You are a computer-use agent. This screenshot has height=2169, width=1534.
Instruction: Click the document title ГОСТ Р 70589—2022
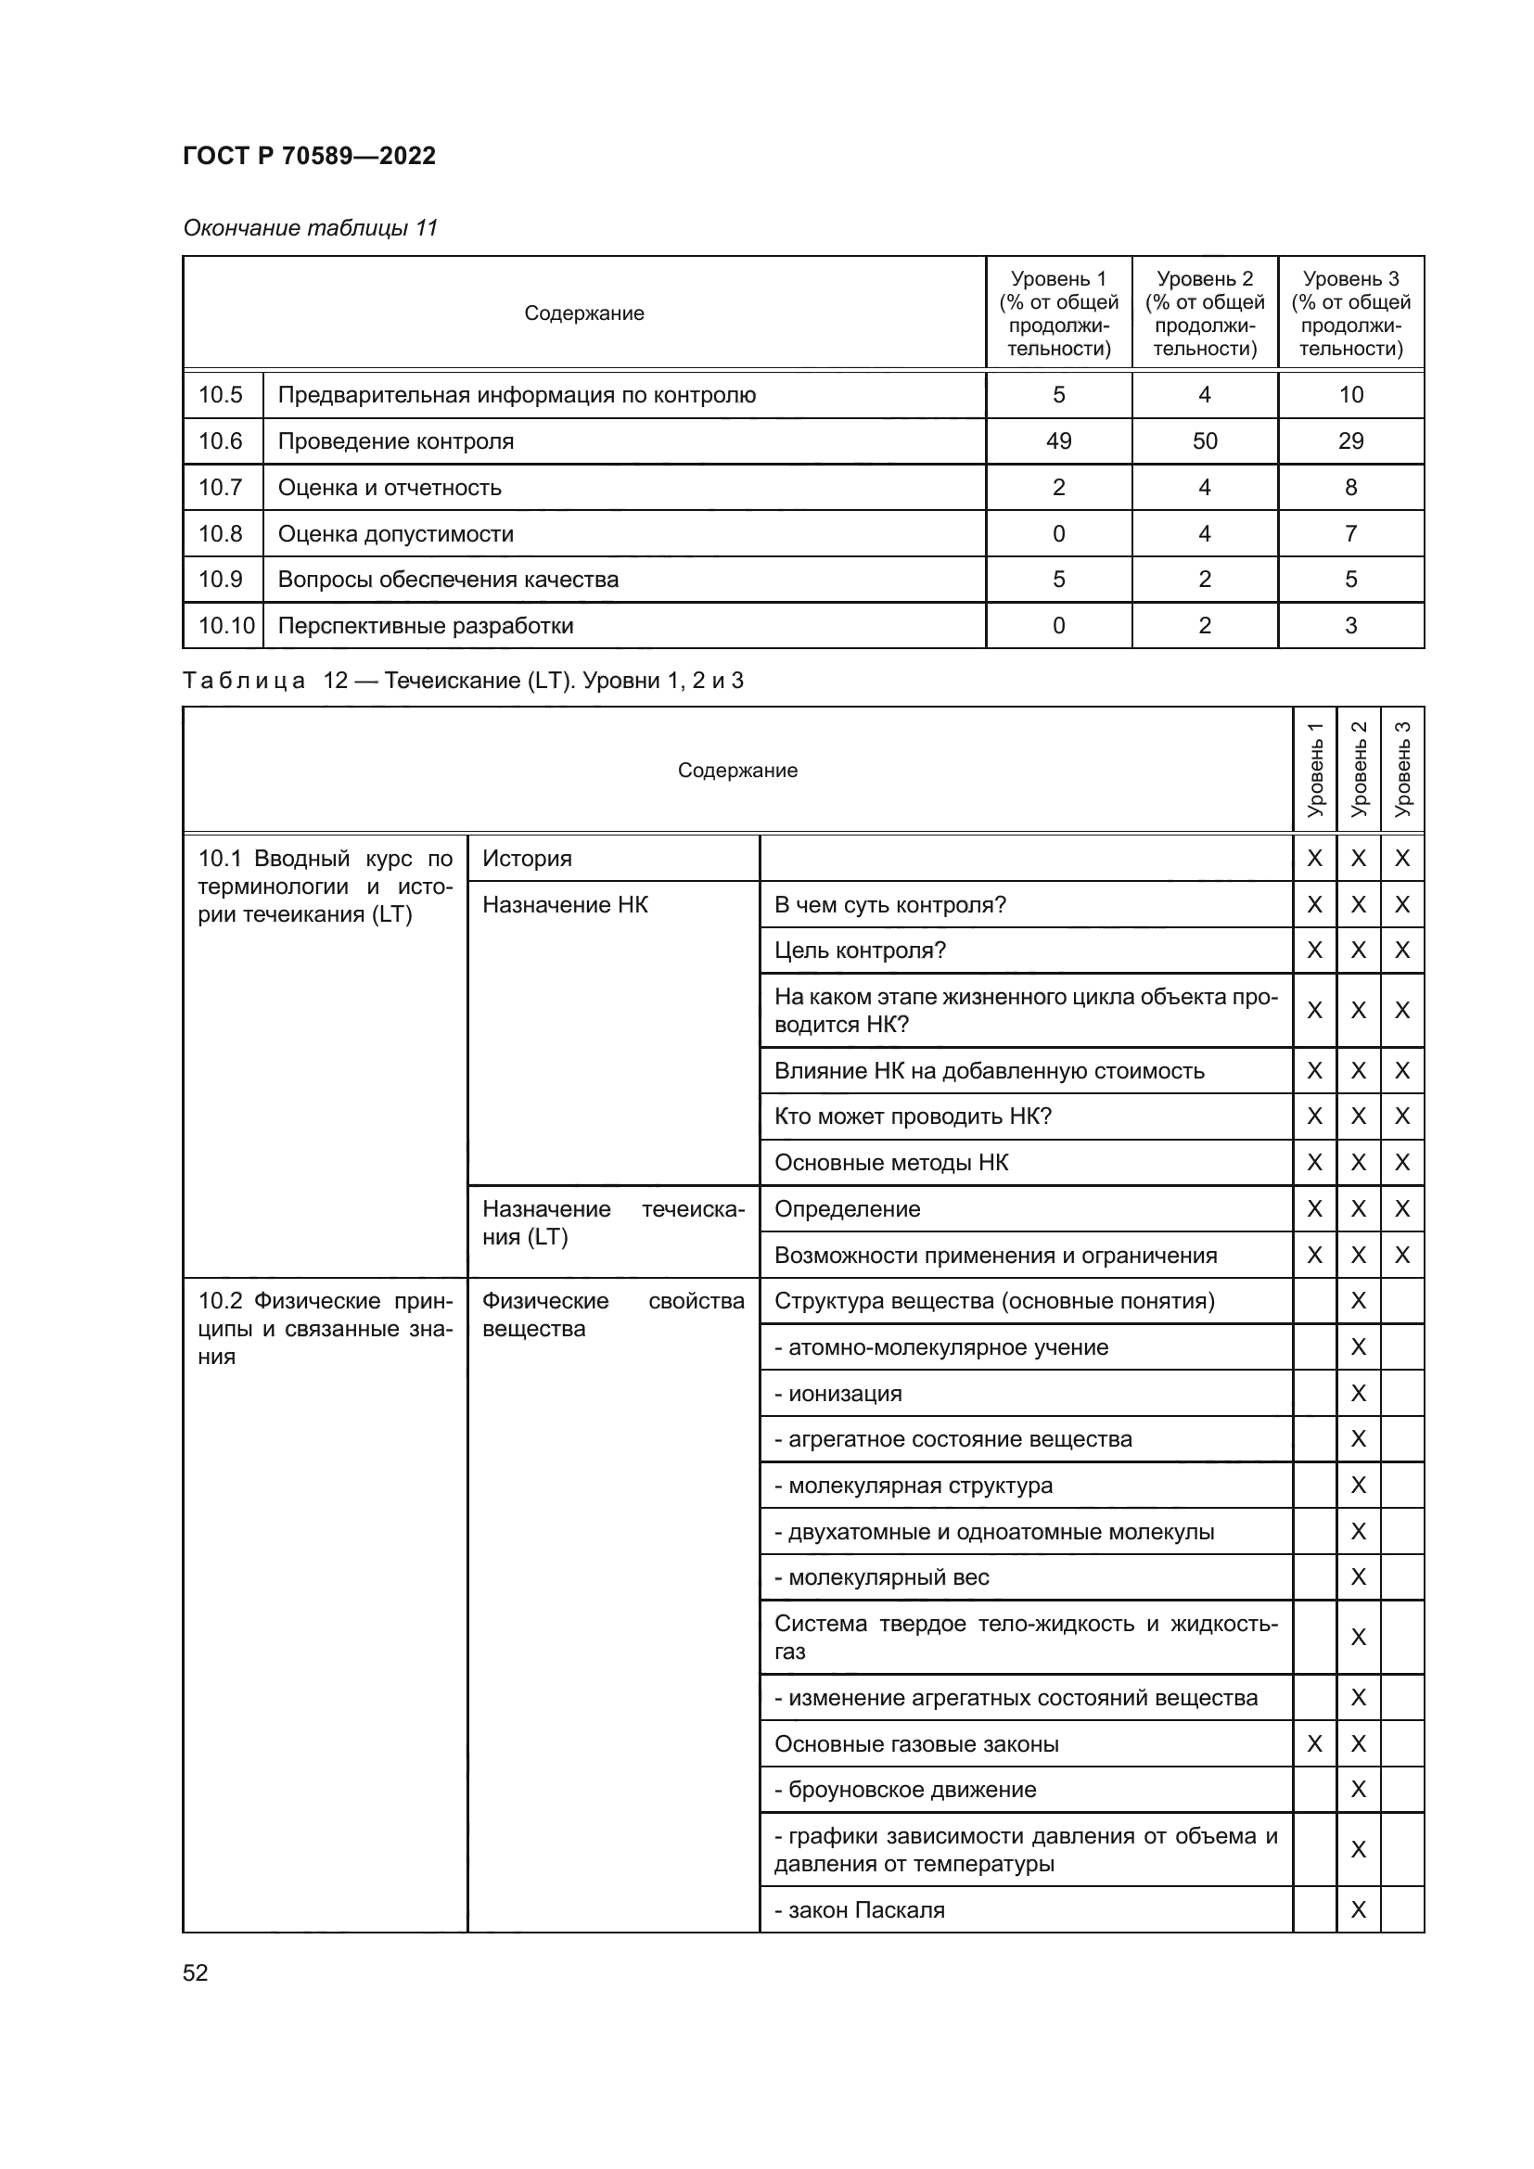(309, 156)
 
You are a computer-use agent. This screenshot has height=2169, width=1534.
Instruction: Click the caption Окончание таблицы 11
(310, 228)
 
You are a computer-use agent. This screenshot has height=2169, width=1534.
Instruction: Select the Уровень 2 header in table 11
(1205, 313)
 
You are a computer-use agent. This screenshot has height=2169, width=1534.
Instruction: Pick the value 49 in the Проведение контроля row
(1058, 441)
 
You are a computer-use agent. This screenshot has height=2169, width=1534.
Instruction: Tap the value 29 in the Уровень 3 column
(1349, 441)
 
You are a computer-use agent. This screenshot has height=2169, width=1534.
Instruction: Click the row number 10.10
(225, 625)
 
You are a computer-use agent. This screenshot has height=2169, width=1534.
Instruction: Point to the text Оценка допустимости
(395, 534)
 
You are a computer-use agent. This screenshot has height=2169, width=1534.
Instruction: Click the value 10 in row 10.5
(1349, 395)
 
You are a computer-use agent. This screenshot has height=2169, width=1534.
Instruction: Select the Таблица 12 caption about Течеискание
(462, 680)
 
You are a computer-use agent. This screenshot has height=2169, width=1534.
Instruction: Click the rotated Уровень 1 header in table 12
(1314, 770)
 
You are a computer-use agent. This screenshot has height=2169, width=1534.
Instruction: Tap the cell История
(527, 859)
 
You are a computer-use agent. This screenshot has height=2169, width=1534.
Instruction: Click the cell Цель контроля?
(860, 951)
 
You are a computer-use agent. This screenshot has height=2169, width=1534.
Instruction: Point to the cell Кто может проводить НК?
(913, 1116)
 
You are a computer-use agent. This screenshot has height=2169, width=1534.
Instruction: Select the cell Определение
(847, 1209)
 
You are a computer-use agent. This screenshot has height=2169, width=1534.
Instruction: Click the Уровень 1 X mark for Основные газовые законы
(1314, 1745)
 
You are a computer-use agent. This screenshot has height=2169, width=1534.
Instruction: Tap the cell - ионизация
(837, 1395)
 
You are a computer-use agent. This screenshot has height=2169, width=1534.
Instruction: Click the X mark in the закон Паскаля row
(1358, 1910)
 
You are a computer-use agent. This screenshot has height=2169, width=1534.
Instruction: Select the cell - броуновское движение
(905, 1790)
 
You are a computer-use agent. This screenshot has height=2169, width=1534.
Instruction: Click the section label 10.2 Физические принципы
(324, 1328)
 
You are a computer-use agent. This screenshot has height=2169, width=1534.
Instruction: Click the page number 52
(195, 1973)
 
